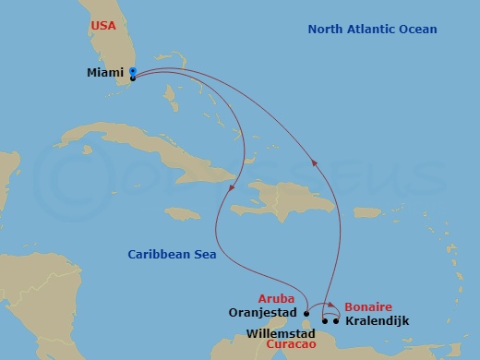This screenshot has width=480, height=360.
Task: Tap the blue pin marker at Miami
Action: tap(133, 72)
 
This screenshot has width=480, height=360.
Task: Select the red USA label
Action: tap(103, 25)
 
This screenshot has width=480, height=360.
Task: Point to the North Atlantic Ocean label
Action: tap(372, 30)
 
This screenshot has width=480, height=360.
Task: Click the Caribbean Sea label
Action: tap(172, 255)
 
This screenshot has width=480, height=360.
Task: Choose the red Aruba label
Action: tap(276, 298)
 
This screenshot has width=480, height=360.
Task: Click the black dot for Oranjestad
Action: tap(306, 313)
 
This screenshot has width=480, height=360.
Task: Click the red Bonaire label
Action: tap(369, 306)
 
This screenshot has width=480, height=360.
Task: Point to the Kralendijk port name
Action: tap(377, 321)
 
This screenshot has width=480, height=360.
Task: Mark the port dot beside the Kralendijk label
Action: tap(336, 321)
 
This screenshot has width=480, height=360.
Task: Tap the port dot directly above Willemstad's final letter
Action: tap(324, 321)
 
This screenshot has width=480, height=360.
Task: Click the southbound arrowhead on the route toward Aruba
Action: tap(230, 189)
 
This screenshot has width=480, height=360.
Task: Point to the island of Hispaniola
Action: tap(277, 198)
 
